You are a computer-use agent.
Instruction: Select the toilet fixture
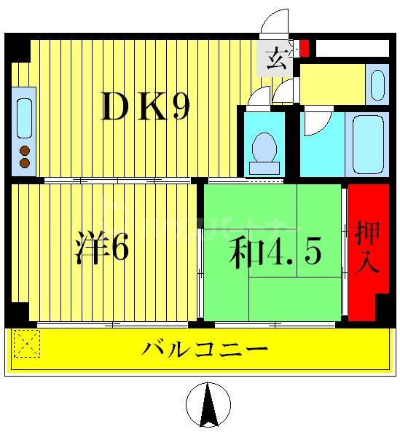[x=263, y=150]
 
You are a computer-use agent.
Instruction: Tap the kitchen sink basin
[x=24, y=113]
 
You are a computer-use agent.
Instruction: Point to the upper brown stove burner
[x=24, y=151]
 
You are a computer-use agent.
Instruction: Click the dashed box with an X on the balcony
[x=27, y=345]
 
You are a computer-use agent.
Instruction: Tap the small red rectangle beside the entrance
[x=305, y=48]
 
